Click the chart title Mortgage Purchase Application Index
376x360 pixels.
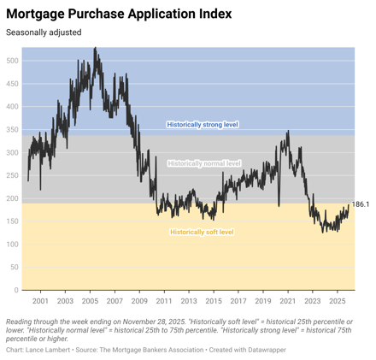pyautogui.click(x=126, y=14)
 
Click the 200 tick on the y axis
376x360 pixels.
pyautogui.click(x=12, y=198)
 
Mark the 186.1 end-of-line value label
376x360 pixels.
pyautogui.click(x=361, y=204)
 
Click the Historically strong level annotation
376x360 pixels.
pyautogui.click(x=203, y=125)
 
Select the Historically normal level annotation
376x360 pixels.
pyautogui.click(x=204, y=162)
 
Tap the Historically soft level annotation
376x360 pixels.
pyautogui.click(x=202, y=232)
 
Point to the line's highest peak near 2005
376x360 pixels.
pyautogui.click(x=95, y=49)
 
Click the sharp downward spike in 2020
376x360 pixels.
pyautogui.click(x=278, y=205)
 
